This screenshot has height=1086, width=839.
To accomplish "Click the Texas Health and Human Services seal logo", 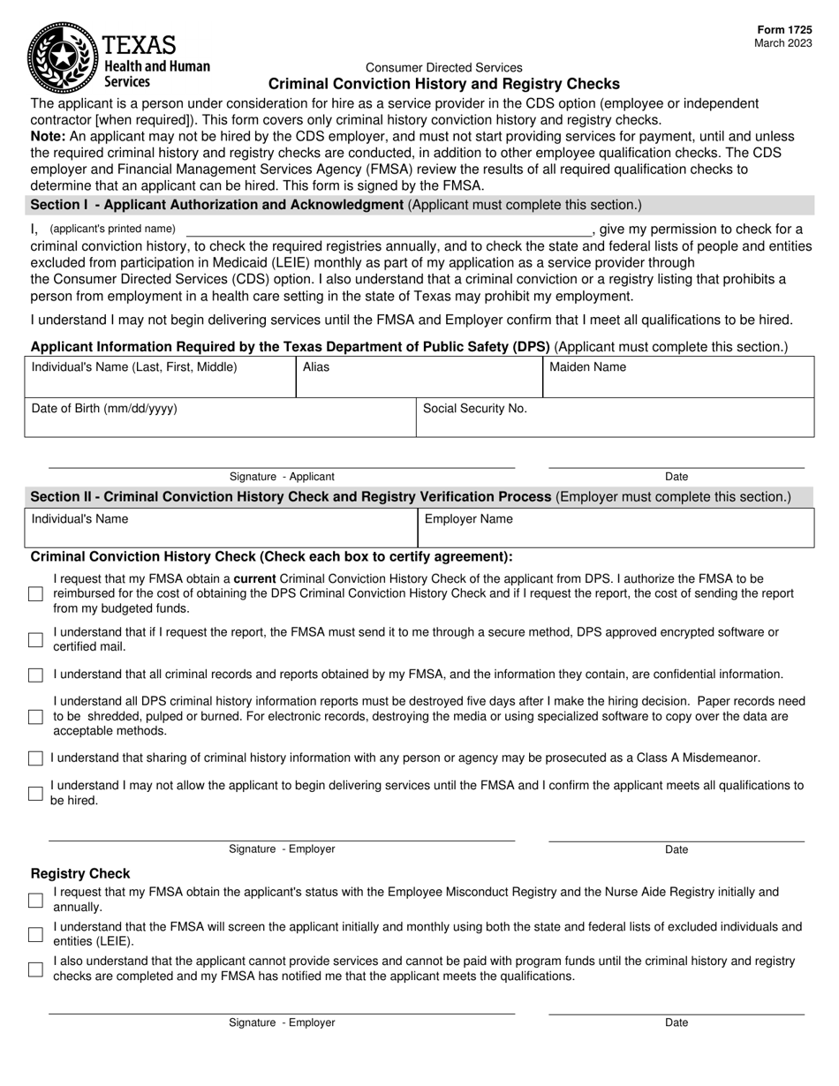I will tap(62, 57).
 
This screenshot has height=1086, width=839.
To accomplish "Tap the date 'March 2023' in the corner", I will tap(783, 43).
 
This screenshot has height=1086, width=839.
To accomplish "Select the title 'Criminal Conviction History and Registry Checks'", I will tap(443, 84).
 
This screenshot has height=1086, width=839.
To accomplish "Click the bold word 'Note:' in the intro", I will tap(48, 137).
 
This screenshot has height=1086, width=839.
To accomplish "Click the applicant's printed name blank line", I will tap(389, 230).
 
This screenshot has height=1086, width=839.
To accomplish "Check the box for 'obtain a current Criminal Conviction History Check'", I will tap(35, 594).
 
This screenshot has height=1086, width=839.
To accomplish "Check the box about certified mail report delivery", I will tap(35, 639).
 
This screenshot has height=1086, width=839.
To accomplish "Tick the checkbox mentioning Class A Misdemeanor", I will tap(35, 758).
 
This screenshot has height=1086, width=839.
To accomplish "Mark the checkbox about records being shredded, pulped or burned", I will tap(35, 717).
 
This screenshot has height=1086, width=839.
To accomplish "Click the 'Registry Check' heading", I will tap(80, 873).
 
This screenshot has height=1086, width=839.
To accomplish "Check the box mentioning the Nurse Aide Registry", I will tap(35, 900).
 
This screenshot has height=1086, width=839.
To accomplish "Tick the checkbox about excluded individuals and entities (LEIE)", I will tap(35, 934).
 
